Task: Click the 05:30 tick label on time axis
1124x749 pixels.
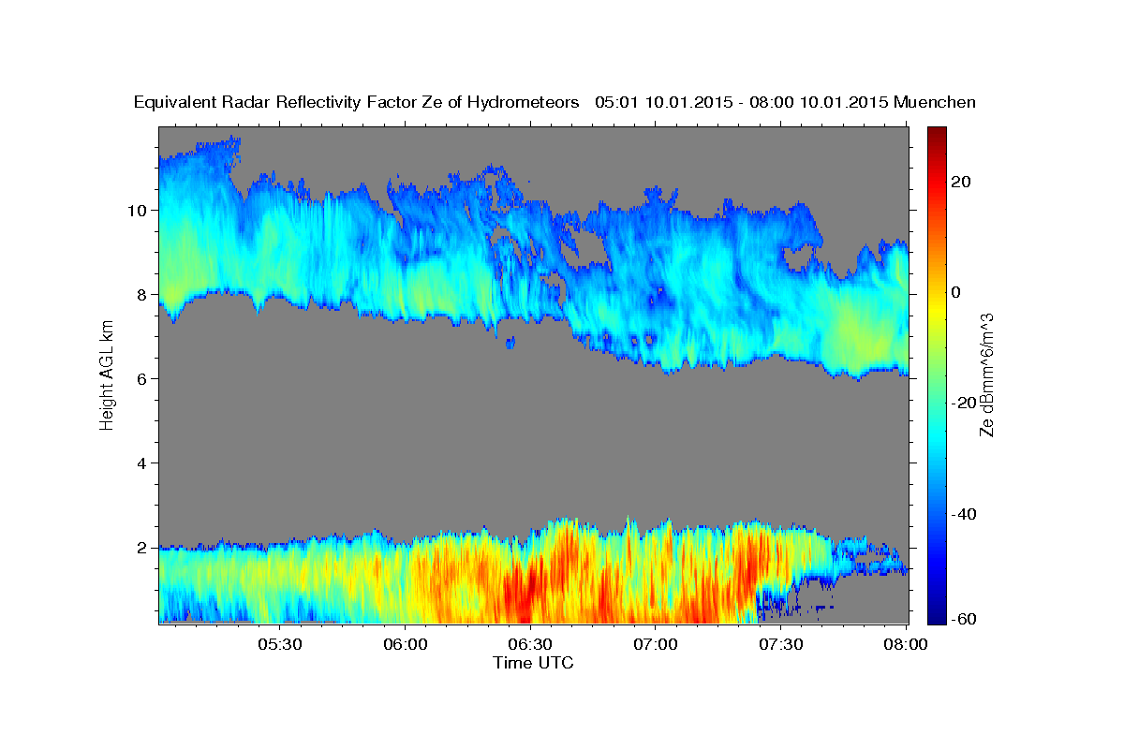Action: (x=280, y=644)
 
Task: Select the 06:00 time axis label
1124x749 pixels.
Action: (x=406, y=644)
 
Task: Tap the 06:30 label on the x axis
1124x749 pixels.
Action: (x=530, y=644)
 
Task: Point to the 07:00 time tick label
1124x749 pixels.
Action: (x=656, y=644)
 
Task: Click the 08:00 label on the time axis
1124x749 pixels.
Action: (x=906, y=644)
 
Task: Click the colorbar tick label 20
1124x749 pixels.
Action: (x=962, y=182)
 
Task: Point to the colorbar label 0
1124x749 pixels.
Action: (x=956, y=292)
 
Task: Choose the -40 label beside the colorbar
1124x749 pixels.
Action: (x=966, y=514)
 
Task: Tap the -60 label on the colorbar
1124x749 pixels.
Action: (x=966, y=619)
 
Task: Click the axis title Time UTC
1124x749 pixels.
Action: (x=533, y=663)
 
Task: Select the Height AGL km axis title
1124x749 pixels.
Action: (x=107, y=374)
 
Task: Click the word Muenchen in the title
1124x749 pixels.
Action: (x=935, y=102)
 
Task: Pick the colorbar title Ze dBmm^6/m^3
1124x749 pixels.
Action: (x=986, y=374)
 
